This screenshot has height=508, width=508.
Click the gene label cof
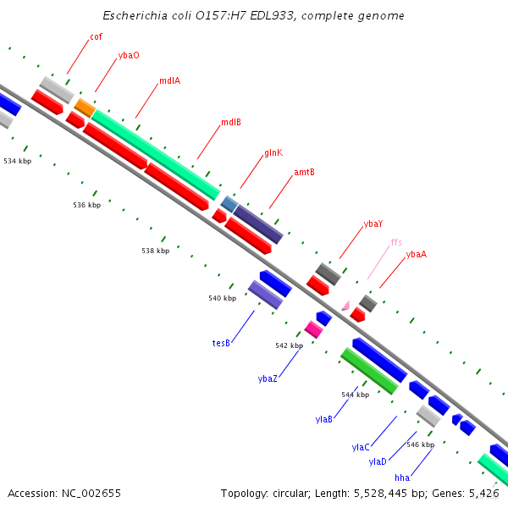pyautogui.click(x=96, y=37)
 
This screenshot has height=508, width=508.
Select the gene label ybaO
pyautogui.click(x=129, y=55)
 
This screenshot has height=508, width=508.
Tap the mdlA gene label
pyautogui.click(x=169, y=81)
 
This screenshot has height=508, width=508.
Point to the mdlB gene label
pyautogui.click(x=231, y=122)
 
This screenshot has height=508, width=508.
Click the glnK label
pyautogui.click(x=273, y=152)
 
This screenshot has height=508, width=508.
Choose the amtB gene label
pyautogui.click(x=304, y=172)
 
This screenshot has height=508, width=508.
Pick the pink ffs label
pyautogui.click(x=396, y=242)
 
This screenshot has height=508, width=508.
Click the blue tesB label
pyautogui.click(x=221, y=344)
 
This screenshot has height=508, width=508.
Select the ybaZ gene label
pyautogui.click(x=268, y=378)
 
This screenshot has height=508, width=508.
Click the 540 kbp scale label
pyautogui.click(x=222, y=298)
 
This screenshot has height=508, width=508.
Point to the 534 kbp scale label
pyautogui.click(x=17, y=161)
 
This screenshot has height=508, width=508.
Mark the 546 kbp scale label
pyautogui.click(x=420, y=444)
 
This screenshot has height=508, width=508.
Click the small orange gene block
pyautogui.click(x=85, y=108)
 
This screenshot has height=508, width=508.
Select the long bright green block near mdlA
pyautogui.click(x=157, y=153)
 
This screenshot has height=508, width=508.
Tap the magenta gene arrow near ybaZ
pyautogui.click(x=313, y=329)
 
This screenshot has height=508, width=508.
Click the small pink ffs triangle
pyautogui.click(x=345, y=305)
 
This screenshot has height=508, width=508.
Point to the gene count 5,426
pyautogui.click(x=484, y=493)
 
